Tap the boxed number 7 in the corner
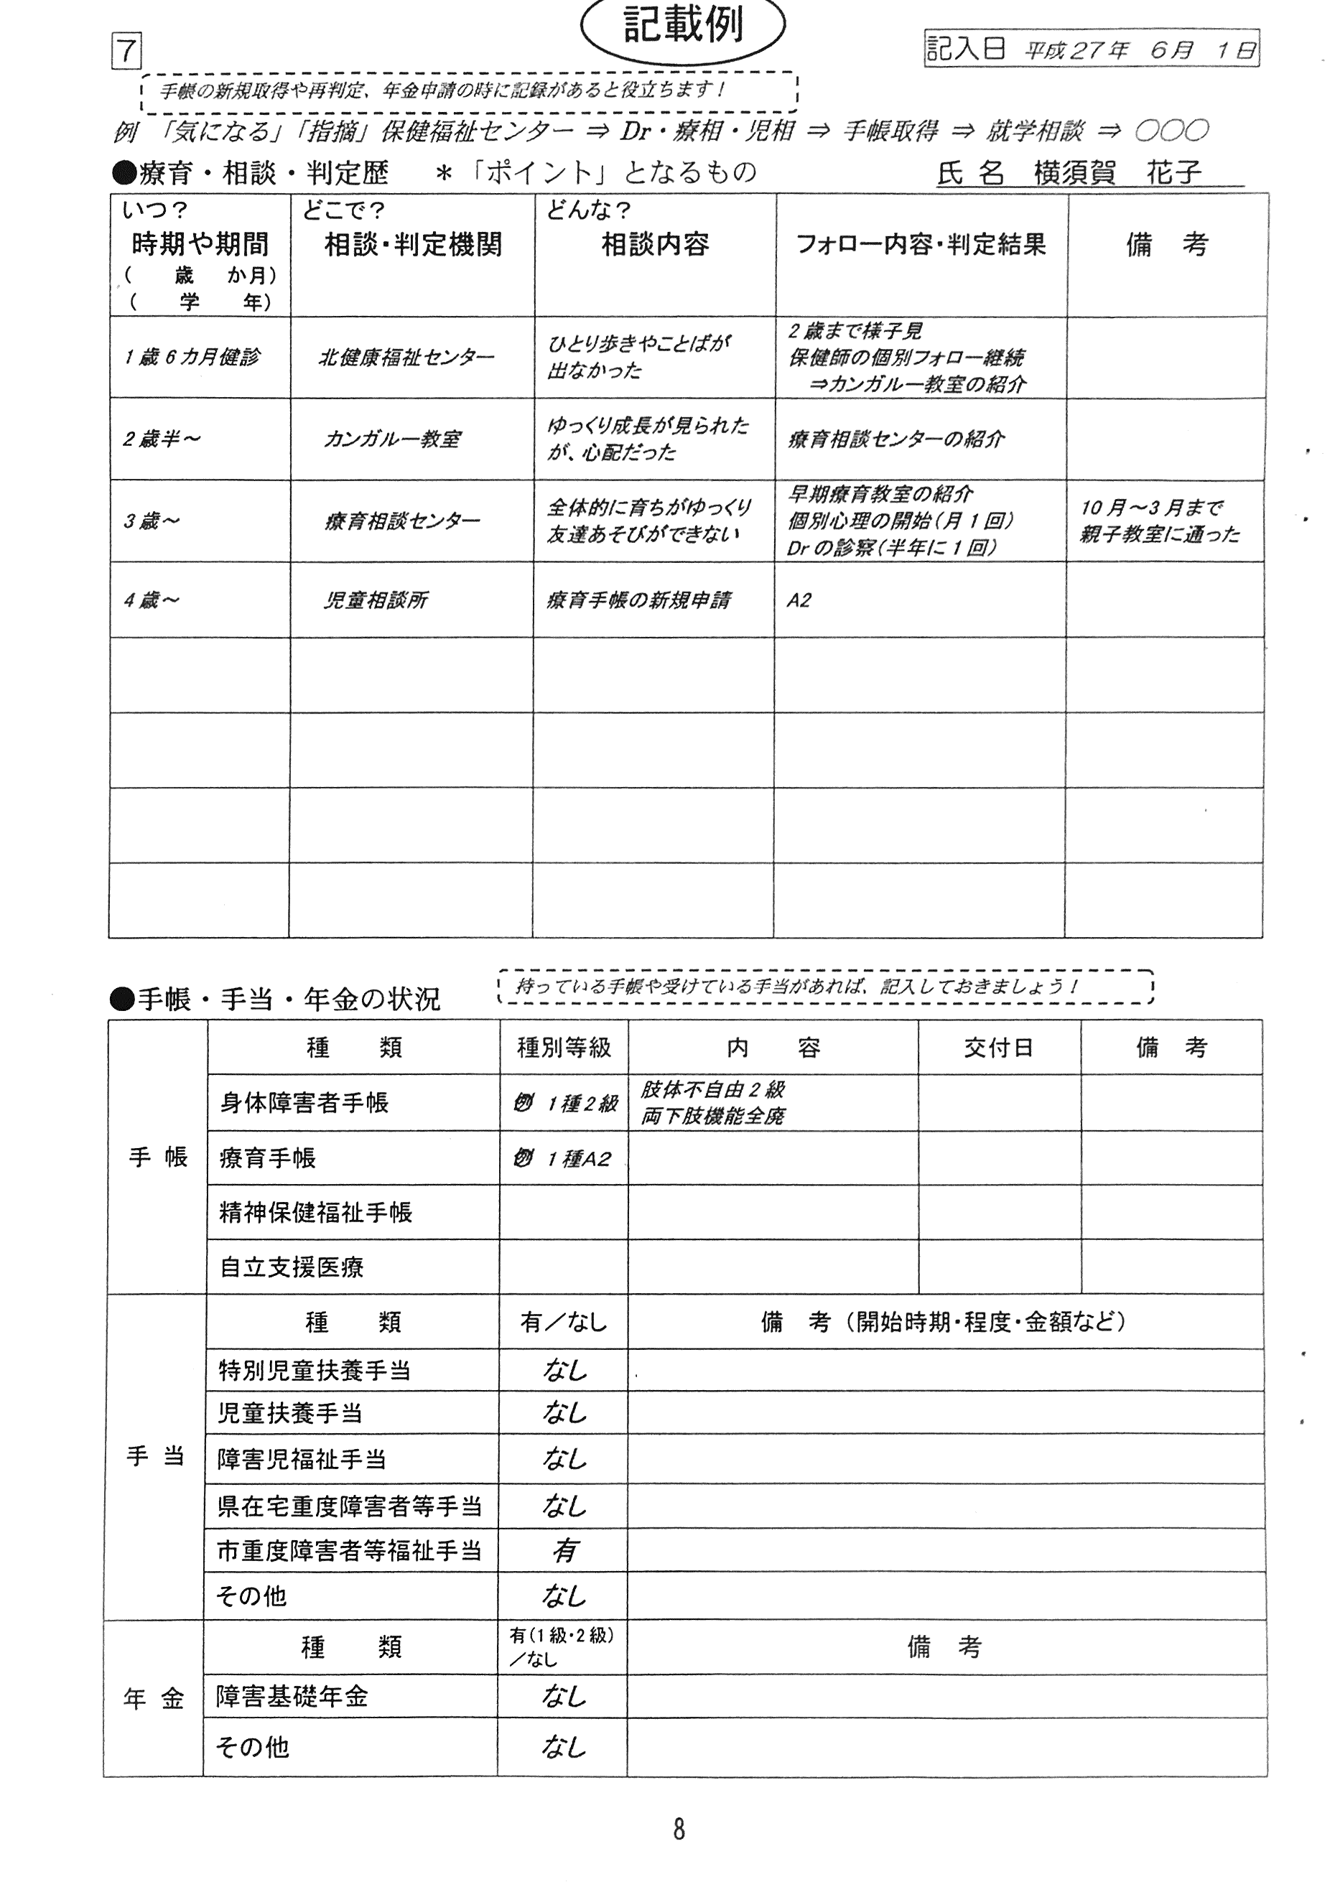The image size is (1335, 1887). pyautogui.click(x=126, y=52)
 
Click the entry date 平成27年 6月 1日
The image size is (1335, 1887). pyautogui.click(x=1138, y=50)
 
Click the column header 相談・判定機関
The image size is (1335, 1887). pyautogui.click(x=413, y=244)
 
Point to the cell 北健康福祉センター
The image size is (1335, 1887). pyautogui.click(x=406, y=358)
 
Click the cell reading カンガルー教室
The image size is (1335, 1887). pyautogui.click(x=391, y=439)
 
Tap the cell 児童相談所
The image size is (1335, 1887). pyautogui.click(x=376, y=600)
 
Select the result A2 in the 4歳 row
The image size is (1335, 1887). pyautogui.click(x=799, y=600)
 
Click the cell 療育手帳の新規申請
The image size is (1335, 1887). pyautogui.click(x=638, y=600)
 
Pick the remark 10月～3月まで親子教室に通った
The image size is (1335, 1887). pyautogui.click(x=1159, y=521)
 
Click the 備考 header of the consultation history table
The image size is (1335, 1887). pyautogui.click(x=1166, y=244)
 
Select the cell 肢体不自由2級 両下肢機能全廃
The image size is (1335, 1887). pyautogui.click(x=712, y=1102)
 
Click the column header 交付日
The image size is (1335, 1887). pyautogui.click(x=998, y=1047)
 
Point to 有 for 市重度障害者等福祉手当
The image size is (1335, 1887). pyautogui.click(x=564, y=1551)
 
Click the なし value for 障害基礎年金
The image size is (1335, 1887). pyautogui.click(x=564, y=1695)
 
